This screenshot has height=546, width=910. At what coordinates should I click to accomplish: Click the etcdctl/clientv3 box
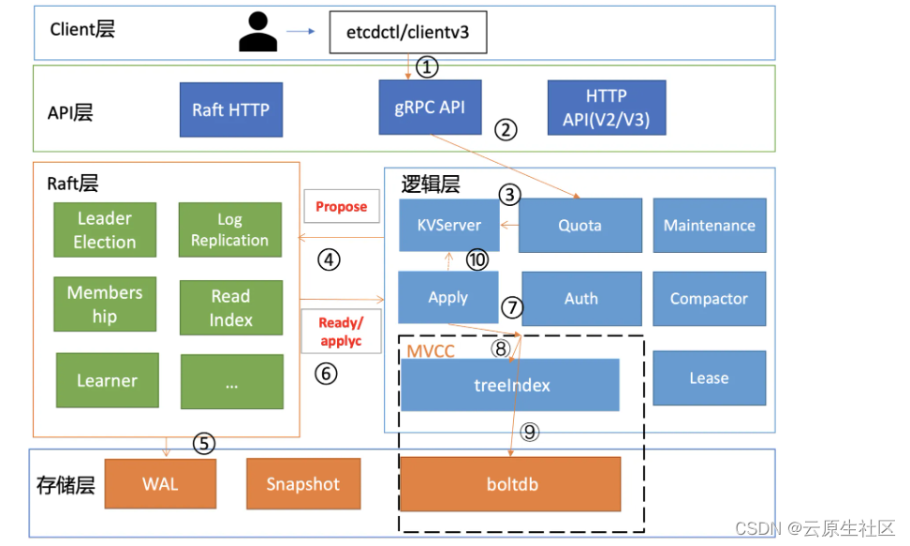pyautogui.click(x=407, y=33)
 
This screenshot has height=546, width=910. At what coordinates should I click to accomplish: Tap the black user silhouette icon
pyautogui.click(x=257, y=31)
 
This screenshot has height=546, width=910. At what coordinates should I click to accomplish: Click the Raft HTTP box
pyautogui.click(x=230, y=110)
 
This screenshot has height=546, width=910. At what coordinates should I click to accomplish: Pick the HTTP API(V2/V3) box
pyautogui.click(x=606, y=108)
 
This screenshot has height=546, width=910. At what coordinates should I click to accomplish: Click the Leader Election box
pyautogui.click(x=105, y=229)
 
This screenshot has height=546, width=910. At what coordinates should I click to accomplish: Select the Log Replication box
pyautogui.click(x=229, y=229)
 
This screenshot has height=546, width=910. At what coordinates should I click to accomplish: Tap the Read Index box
pyautogui.click(x=230, y=307)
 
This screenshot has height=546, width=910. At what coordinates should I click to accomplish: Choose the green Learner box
pyautogui.click(x=107, y=380)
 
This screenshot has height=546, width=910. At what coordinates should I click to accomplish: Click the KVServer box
pyautogui.click(x=448, y=225)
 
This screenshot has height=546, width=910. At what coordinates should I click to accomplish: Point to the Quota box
pyautogui.click(x=580, y=225)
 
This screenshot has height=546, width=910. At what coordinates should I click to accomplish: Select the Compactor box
pyautogui.click(x=709, y=299)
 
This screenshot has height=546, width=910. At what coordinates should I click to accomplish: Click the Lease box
pyautogui.click(x=709, y=378)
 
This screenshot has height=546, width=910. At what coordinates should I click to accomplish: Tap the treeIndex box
pyautogui.click(x=509, y=385)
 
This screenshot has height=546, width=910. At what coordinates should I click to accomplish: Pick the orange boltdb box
pyautogui.click(x=511, y=485)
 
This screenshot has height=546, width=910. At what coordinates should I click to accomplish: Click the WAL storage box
pyautogui.click(x=160, y=484)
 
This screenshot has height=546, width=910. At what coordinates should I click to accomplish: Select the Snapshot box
pyautogui.click(x=302, y=484)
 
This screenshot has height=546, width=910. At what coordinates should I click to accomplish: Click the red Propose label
pyautogui.click(x=341, y=207)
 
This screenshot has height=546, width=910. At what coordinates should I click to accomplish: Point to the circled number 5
pyautogui.click(x=204, y=444)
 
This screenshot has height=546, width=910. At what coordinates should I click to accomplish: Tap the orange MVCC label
pyautogui.click(x=430, y=351)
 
